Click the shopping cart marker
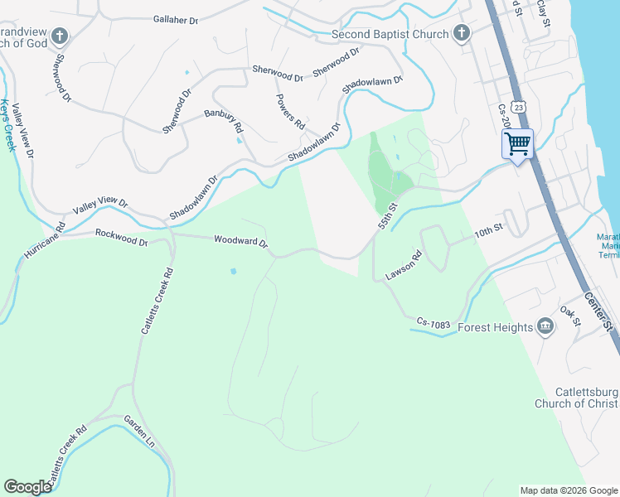pos(517,144)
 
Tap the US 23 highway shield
pos(519,108)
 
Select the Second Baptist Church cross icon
pos(462,34)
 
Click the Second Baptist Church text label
pos(389,35)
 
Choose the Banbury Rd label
pos(224,122)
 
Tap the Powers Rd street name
pos(290,111)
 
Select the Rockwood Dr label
pos(121,238)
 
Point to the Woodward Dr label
pos(241,242)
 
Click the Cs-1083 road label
pos(433,324)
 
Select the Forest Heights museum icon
pos(545,327)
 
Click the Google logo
pos(27,486)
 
